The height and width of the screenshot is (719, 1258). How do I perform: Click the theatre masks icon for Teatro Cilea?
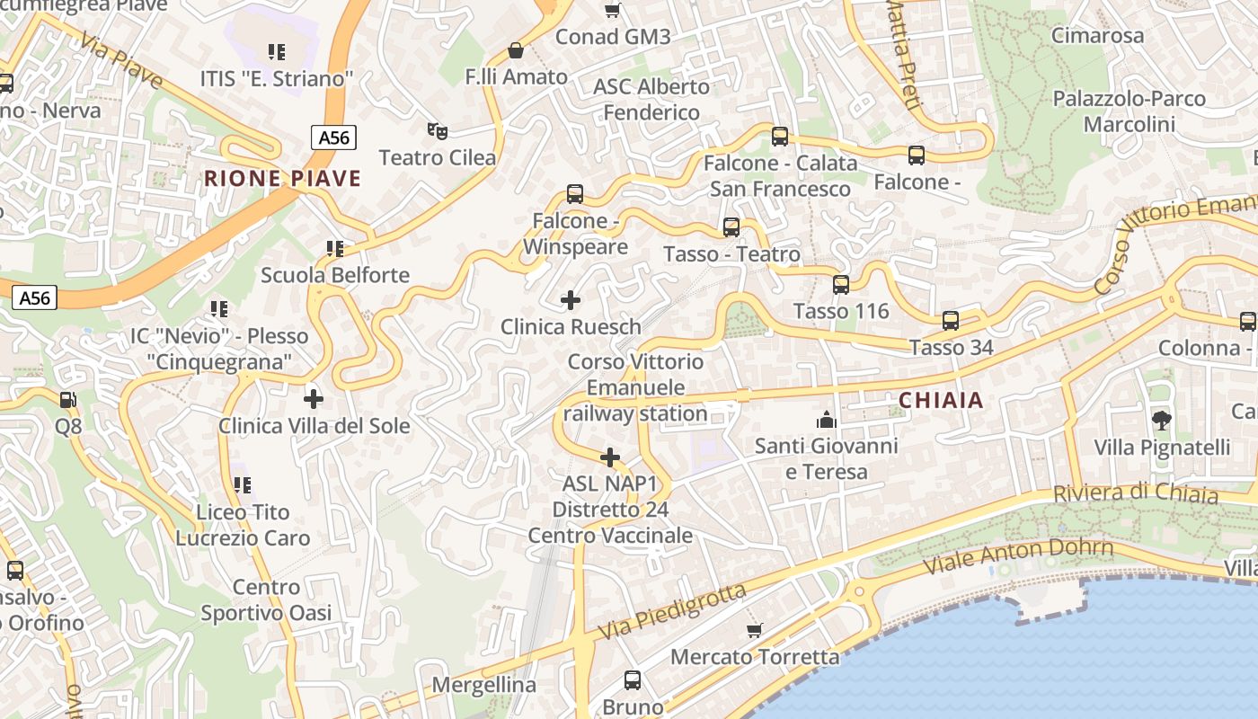pyautogui.click(x=438, y=131)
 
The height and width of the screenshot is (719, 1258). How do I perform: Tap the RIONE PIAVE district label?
pyautogui.click(x=282, y=178)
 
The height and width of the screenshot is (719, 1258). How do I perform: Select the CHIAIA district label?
pyautogui.click(x=941, y=401)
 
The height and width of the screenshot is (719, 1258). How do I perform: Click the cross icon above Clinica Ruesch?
pyautogui.click(x=571, y=299)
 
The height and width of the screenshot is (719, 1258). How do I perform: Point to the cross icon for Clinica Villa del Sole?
pyautogui.click(x=314, y=398)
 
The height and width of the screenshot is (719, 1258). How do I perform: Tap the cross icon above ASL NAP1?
pyautogui.click(x=610, y=457)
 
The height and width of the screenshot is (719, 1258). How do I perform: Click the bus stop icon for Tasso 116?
pyautogui.click(x=841, y=285)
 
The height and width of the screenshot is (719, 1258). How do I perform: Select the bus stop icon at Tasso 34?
pyautogui.click(x=951, y=321)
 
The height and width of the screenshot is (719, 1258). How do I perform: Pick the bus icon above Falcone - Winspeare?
pyautogui.click(x=575, y=194)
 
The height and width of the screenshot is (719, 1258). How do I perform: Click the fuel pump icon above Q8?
pyautogui.click(x=67, y=399)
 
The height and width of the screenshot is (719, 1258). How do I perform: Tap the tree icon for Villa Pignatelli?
pyautogui.click(x=1161, y=420)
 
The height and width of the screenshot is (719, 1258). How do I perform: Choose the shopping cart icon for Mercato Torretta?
pyautogui.click(x=755, y=630)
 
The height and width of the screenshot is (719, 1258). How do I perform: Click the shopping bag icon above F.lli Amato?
pyautogui.click(x=516, y=50)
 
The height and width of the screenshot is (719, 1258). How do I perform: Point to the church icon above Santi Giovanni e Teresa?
pyautogui.click(x=826, y=419)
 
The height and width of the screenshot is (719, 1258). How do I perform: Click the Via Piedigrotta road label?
pyautogui.click(x=672, y=611)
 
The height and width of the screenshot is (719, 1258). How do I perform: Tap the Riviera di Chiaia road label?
pyautogui.click(x=1136, y=493)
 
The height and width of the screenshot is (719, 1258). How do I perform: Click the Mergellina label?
pyautogui.click(x=484, y=685)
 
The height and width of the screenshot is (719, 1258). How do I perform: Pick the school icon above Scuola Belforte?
pyautogui.click(x=335, y=248)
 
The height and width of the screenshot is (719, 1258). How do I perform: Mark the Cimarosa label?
pyautogui.click(x=1097, y=36)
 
